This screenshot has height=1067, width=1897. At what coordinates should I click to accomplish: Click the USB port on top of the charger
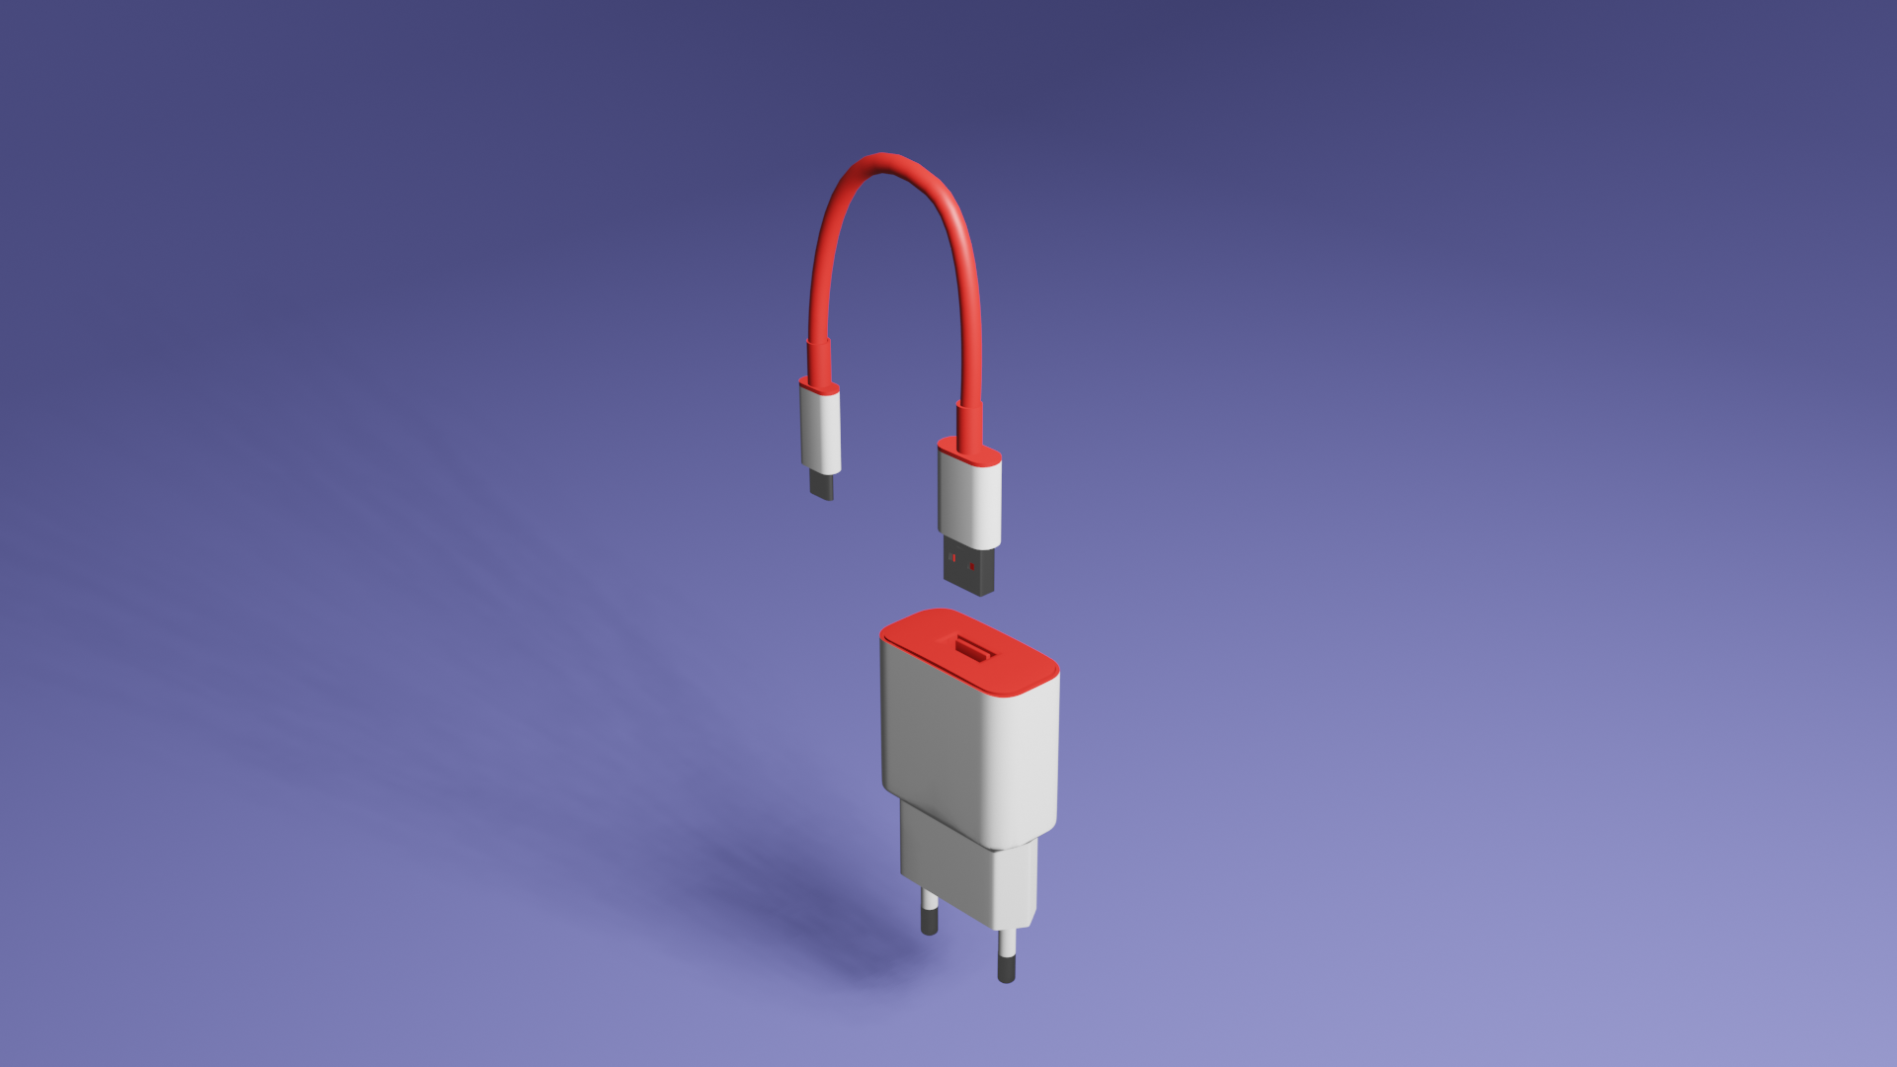973,649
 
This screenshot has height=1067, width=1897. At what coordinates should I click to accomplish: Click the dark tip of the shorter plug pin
929,923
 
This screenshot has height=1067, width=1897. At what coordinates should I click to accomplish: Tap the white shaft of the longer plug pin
1007,944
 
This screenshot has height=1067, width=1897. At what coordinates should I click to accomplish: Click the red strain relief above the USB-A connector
968,423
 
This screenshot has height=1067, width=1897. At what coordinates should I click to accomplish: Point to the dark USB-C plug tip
822,485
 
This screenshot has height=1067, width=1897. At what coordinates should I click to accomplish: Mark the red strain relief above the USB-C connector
817,361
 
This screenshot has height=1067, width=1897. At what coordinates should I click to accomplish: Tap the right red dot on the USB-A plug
972,566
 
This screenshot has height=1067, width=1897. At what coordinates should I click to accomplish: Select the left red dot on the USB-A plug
952,558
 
